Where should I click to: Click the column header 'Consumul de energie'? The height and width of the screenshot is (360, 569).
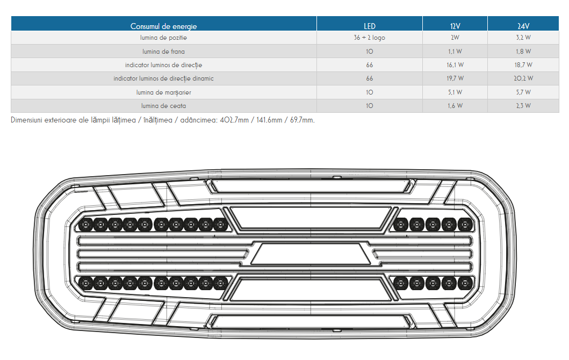coord(164,26)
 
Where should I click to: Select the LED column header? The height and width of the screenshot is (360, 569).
coord(370,26)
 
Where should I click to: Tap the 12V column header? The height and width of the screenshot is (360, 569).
coord(455,26)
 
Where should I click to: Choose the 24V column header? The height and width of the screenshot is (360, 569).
coord(523,26)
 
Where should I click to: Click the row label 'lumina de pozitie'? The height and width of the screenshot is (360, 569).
coord(164,38)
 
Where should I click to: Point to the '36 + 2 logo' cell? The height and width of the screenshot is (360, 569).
coord(370,38)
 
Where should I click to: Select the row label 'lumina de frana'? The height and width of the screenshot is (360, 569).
coord(164,52)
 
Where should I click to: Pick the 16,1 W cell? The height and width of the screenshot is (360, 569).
coord(455,65)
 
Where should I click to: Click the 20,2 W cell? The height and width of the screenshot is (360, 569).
coord(523,78)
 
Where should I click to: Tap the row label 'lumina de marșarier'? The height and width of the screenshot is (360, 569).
coord(164,92)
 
